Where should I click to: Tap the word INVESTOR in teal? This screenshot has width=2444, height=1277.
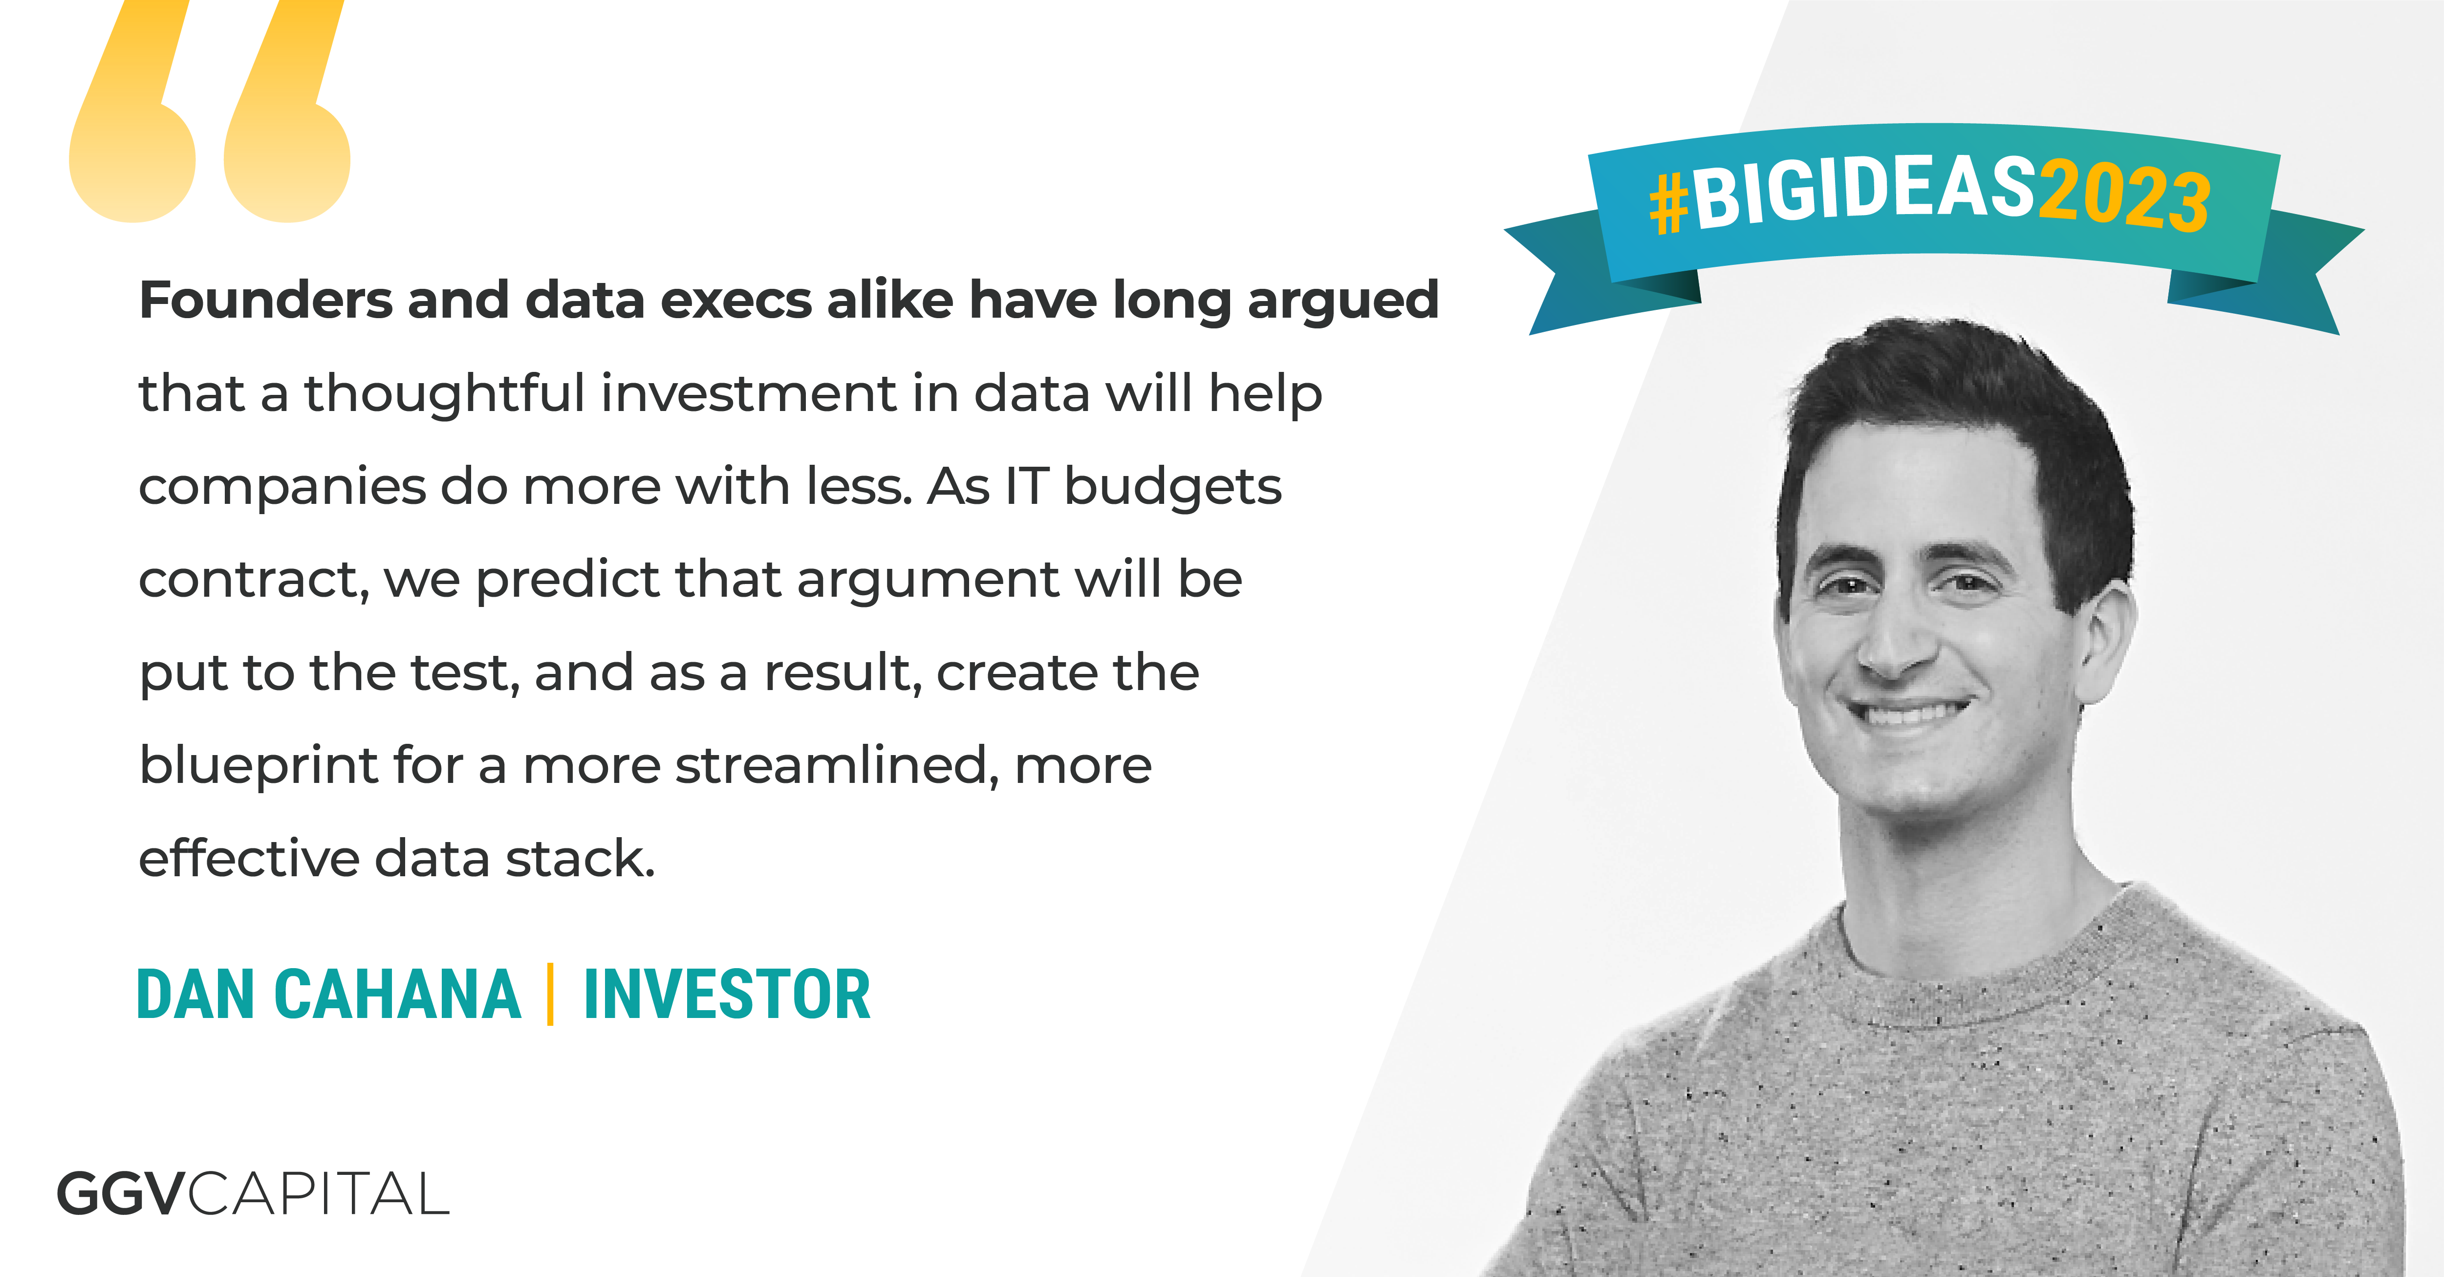coord(727,995)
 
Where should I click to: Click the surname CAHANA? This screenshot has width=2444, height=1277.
coord(397,995)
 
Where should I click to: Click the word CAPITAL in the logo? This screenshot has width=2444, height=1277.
coord(318,1193)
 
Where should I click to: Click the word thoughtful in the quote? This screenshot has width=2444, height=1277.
coord(444,393)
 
